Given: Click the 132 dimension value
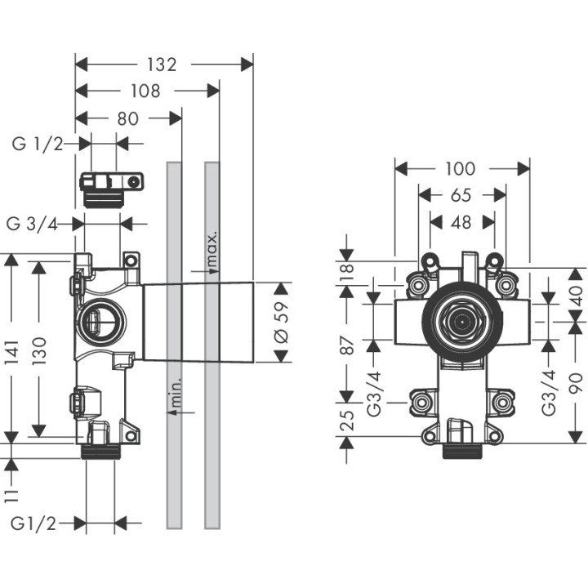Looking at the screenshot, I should tap(163, 65).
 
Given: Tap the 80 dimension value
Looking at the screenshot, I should tap(127, 118).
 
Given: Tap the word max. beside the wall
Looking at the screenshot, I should tap(212, 249).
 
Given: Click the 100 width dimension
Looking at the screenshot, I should tap(460, 169).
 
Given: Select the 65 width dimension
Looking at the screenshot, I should tap(461, 195).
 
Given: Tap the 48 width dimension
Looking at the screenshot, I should tap(461, 221).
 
